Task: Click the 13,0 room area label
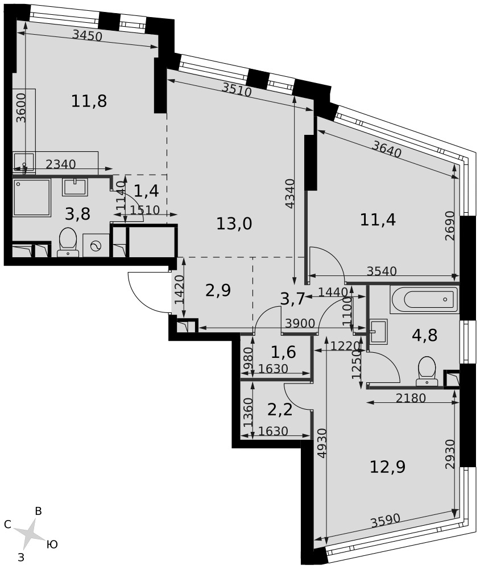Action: (234, 224)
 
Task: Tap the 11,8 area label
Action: (89, 101)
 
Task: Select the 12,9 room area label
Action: (387, 467)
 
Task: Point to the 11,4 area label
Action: (378, 220)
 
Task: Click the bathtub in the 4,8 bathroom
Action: (424, 299)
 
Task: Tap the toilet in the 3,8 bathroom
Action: (68, 242)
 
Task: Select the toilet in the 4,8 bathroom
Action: (427, 371)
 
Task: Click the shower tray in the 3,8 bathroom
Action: (32, 197)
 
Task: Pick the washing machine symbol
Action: (96, 245)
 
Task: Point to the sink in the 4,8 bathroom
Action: (378, 331)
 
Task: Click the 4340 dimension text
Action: (290, 193)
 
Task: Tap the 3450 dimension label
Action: (87, 35)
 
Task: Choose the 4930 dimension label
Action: (322, 444)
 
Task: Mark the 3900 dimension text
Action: (300, 323)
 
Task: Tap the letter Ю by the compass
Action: (52, 545)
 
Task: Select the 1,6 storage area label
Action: (283, 352)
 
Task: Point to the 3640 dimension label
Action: (387, 149)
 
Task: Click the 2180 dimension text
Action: (411, 398)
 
